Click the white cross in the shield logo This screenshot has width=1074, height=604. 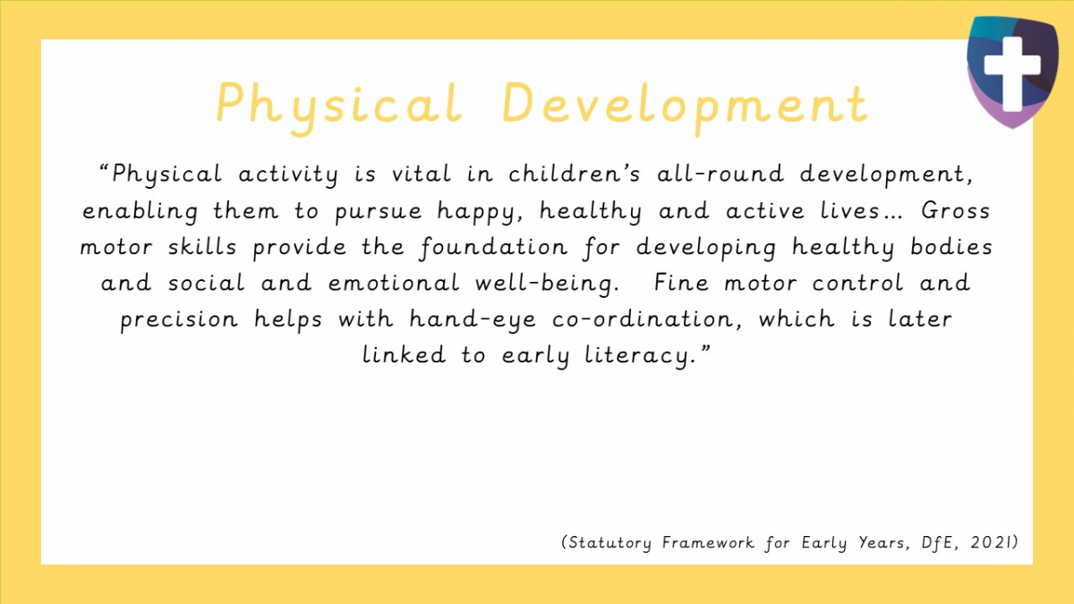pos(1011,66)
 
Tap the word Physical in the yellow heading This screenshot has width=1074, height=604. pos(339,103)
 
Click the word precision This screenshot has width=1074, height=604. pos(178,319)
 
